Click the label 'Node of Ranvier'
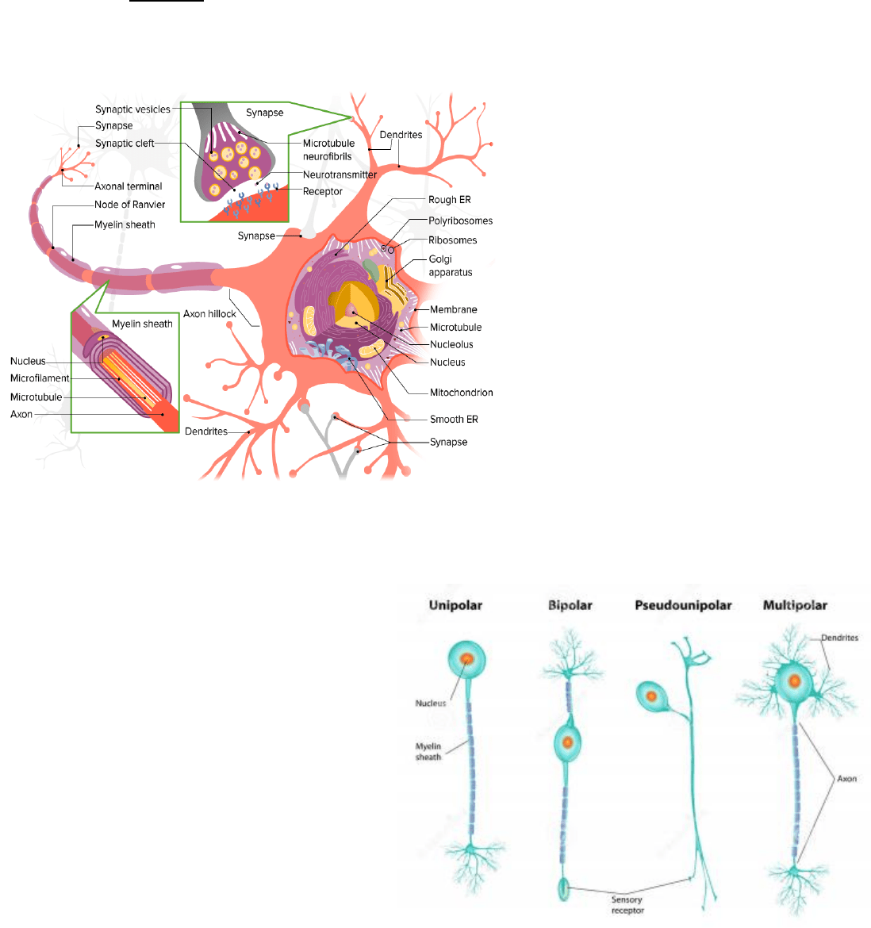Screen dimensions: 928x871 [130, 205]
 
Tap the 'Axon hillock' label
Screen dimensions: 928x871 [209, 314]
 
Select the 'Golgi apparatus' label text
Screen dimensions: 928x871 [450, 266]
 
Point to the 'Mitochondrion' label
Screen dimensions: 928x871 [461, 393]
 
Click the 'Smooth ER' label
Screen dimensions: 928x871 [454, 420]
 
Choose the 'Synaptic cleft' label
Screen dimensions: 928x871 [125, 144]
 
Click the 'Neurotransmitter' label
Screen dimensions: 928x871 [340, 174]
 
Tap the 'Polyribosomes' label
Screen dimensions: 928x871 [460, 221]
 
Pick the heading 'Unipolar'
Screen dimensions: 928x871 [455, 605]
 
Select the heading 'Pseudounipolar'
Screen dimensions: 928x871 [683, 605]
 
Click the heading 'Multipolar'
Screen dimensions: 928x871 [795, 605]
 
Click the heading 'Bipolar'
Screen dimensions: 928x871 [570, 605]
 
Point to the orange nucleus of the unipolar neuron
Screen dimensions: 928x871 [467, 658]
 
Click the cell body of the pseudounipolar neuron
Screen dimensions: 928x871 [651, 696]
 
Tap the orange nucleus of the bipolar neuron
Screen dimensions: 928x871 [567, 742]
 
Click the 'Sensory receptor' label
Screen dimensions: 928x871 [627, 905]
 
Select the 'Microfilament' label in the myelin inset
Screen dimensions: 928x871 [40, 379]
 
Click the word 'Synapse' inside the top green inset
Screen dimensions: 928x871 [264, 113]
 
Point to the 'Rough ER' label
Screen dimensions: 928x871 [449, 200]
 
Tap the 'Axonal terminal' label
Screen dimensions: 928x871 [128, 186]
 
